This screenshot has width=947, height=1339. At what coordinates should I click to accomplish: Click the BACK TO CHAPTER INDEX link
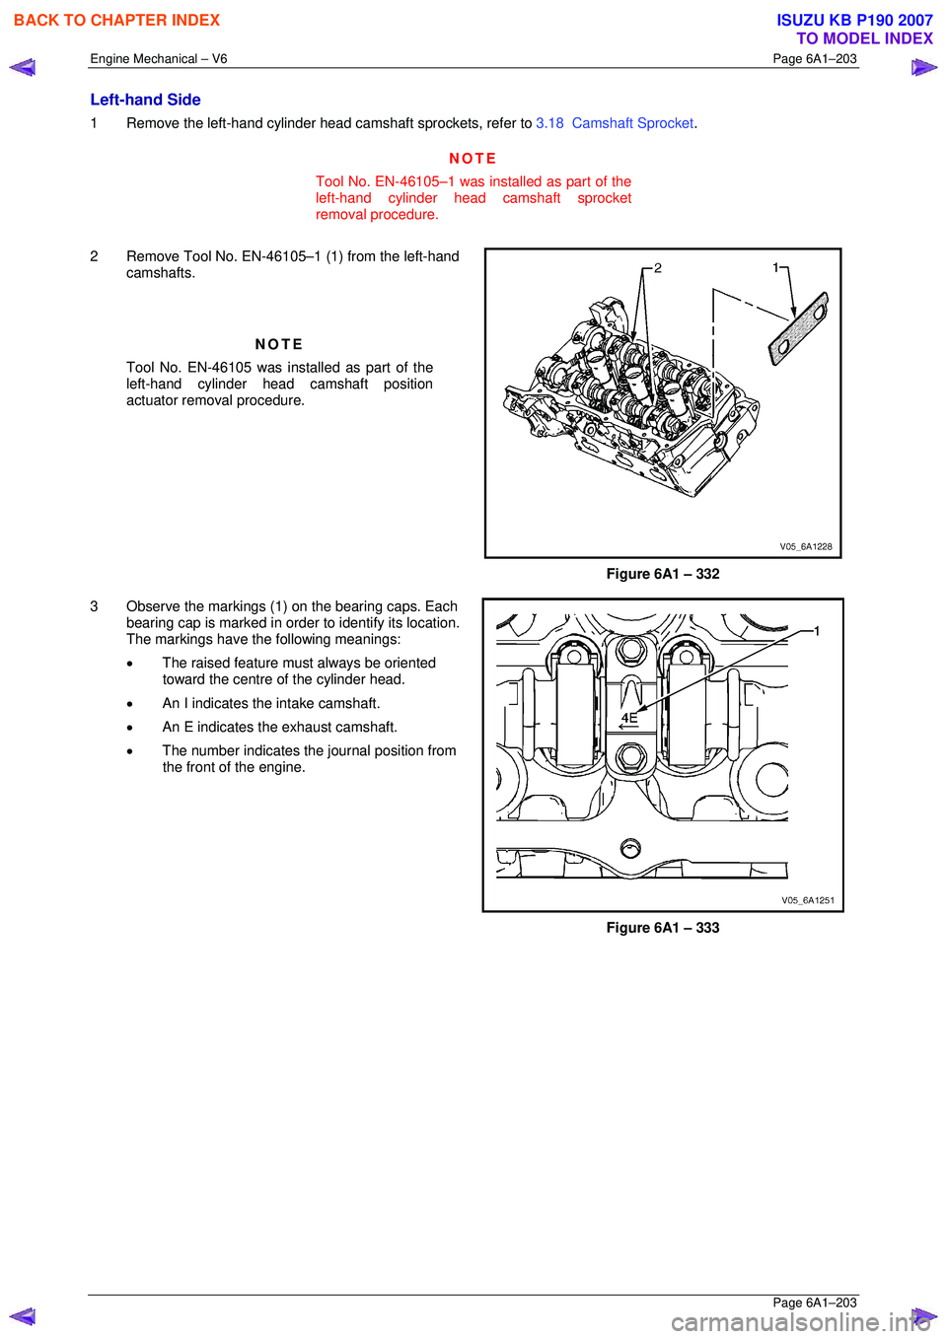click(x=116, y=20)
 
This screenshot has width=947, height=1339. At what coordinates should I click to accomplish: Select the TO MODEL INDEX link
click(x=864, y=38)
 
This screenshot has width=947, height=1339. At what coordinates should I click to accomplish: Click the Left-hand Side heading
click(x=145, y=100)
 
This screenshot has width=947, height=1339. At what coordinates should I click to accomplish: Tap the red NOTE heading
click(x=473, y=159)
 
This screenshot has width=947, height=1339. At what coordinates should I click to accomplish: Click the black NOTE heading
click(x=279, y=344)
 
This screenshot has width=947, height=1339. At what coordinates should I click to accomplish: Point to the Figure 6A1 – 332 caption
click(x=663, y=574)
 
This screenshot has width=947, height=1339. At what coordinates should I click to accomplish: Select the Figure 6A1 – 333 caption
click(x=663, y=928)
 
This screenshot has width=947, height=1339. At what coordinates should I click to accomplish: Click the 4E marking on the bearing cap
click(x=629, y=718)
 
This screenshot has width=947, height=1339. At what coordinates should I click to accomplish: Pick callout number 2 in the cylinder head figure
click(x=658, y=268)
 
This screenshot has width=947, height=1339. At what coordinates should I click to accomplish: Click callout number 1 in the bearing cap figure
click(x=817, y=631)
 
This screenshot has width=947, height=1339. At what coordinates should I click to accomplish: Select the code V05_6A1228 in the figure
click(x=806, y=546)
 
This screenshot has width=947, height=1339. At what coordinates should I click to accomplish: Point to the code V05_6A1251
click(x=808, y=900)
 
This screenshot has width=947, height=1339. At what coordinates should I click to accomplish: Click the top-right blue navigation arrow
click(x=923, y=67)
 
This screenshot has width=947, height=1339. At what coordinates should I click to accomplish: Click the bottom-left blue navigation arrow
click(x=23, y=1316)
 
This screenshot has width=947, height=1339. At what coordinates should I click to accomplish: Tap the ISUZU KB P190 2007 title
click(x=854, y=20)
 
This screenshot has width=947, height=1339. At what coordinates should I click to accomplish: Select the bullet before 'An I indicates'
click(x=129, y=704)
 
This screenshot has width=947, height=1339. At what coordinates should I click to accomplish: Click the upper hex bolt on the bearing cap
click(x=631, y=651)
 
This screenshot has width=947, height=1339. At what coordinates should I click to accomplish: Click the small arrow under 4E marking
click(x=627, y=728)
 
